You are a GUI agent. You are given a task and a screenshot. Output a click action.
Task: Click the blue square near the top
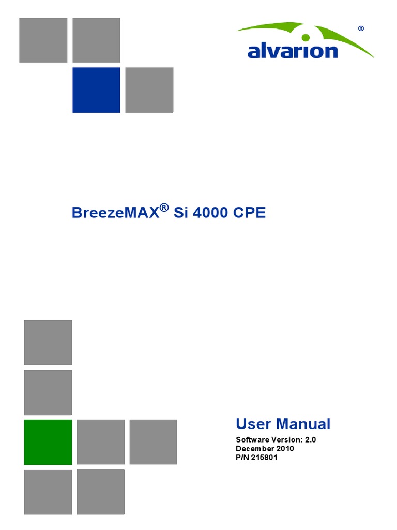(96, 90)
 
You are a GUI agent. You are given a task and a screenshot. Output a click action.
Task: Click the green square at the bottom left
(48, 441)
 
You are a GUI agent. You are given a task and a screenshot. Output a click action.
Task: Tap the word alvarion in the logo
(293, 51)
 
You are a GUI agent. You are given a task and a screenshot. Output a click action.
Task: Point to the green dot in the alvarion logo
(306, 37)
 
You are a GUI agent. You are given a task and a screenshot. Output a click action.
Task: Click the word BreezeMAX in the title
(115, 213)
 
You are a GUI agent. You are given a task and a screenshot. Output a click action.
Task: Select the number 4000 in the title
(211, 213)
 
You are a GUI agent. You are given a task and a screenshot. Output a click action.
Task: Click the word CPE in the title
(250, 213)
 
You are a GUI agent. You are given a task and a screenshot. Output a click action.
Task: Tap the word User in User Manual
(253, 424)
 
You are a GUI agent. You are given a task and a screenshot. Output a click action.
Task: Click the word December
(256, 448)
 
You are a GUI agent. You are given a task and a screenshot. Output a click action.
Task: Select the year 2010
(286, 448)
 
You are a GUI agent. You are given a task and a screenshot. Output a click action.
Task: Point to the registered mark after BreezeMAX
(164, 208)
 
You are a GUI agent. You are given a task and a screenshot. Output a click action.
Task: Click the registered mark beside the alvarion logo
(361, 29)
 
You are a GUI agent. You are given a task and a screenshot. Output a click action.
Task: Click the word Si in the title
(181, 213)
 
